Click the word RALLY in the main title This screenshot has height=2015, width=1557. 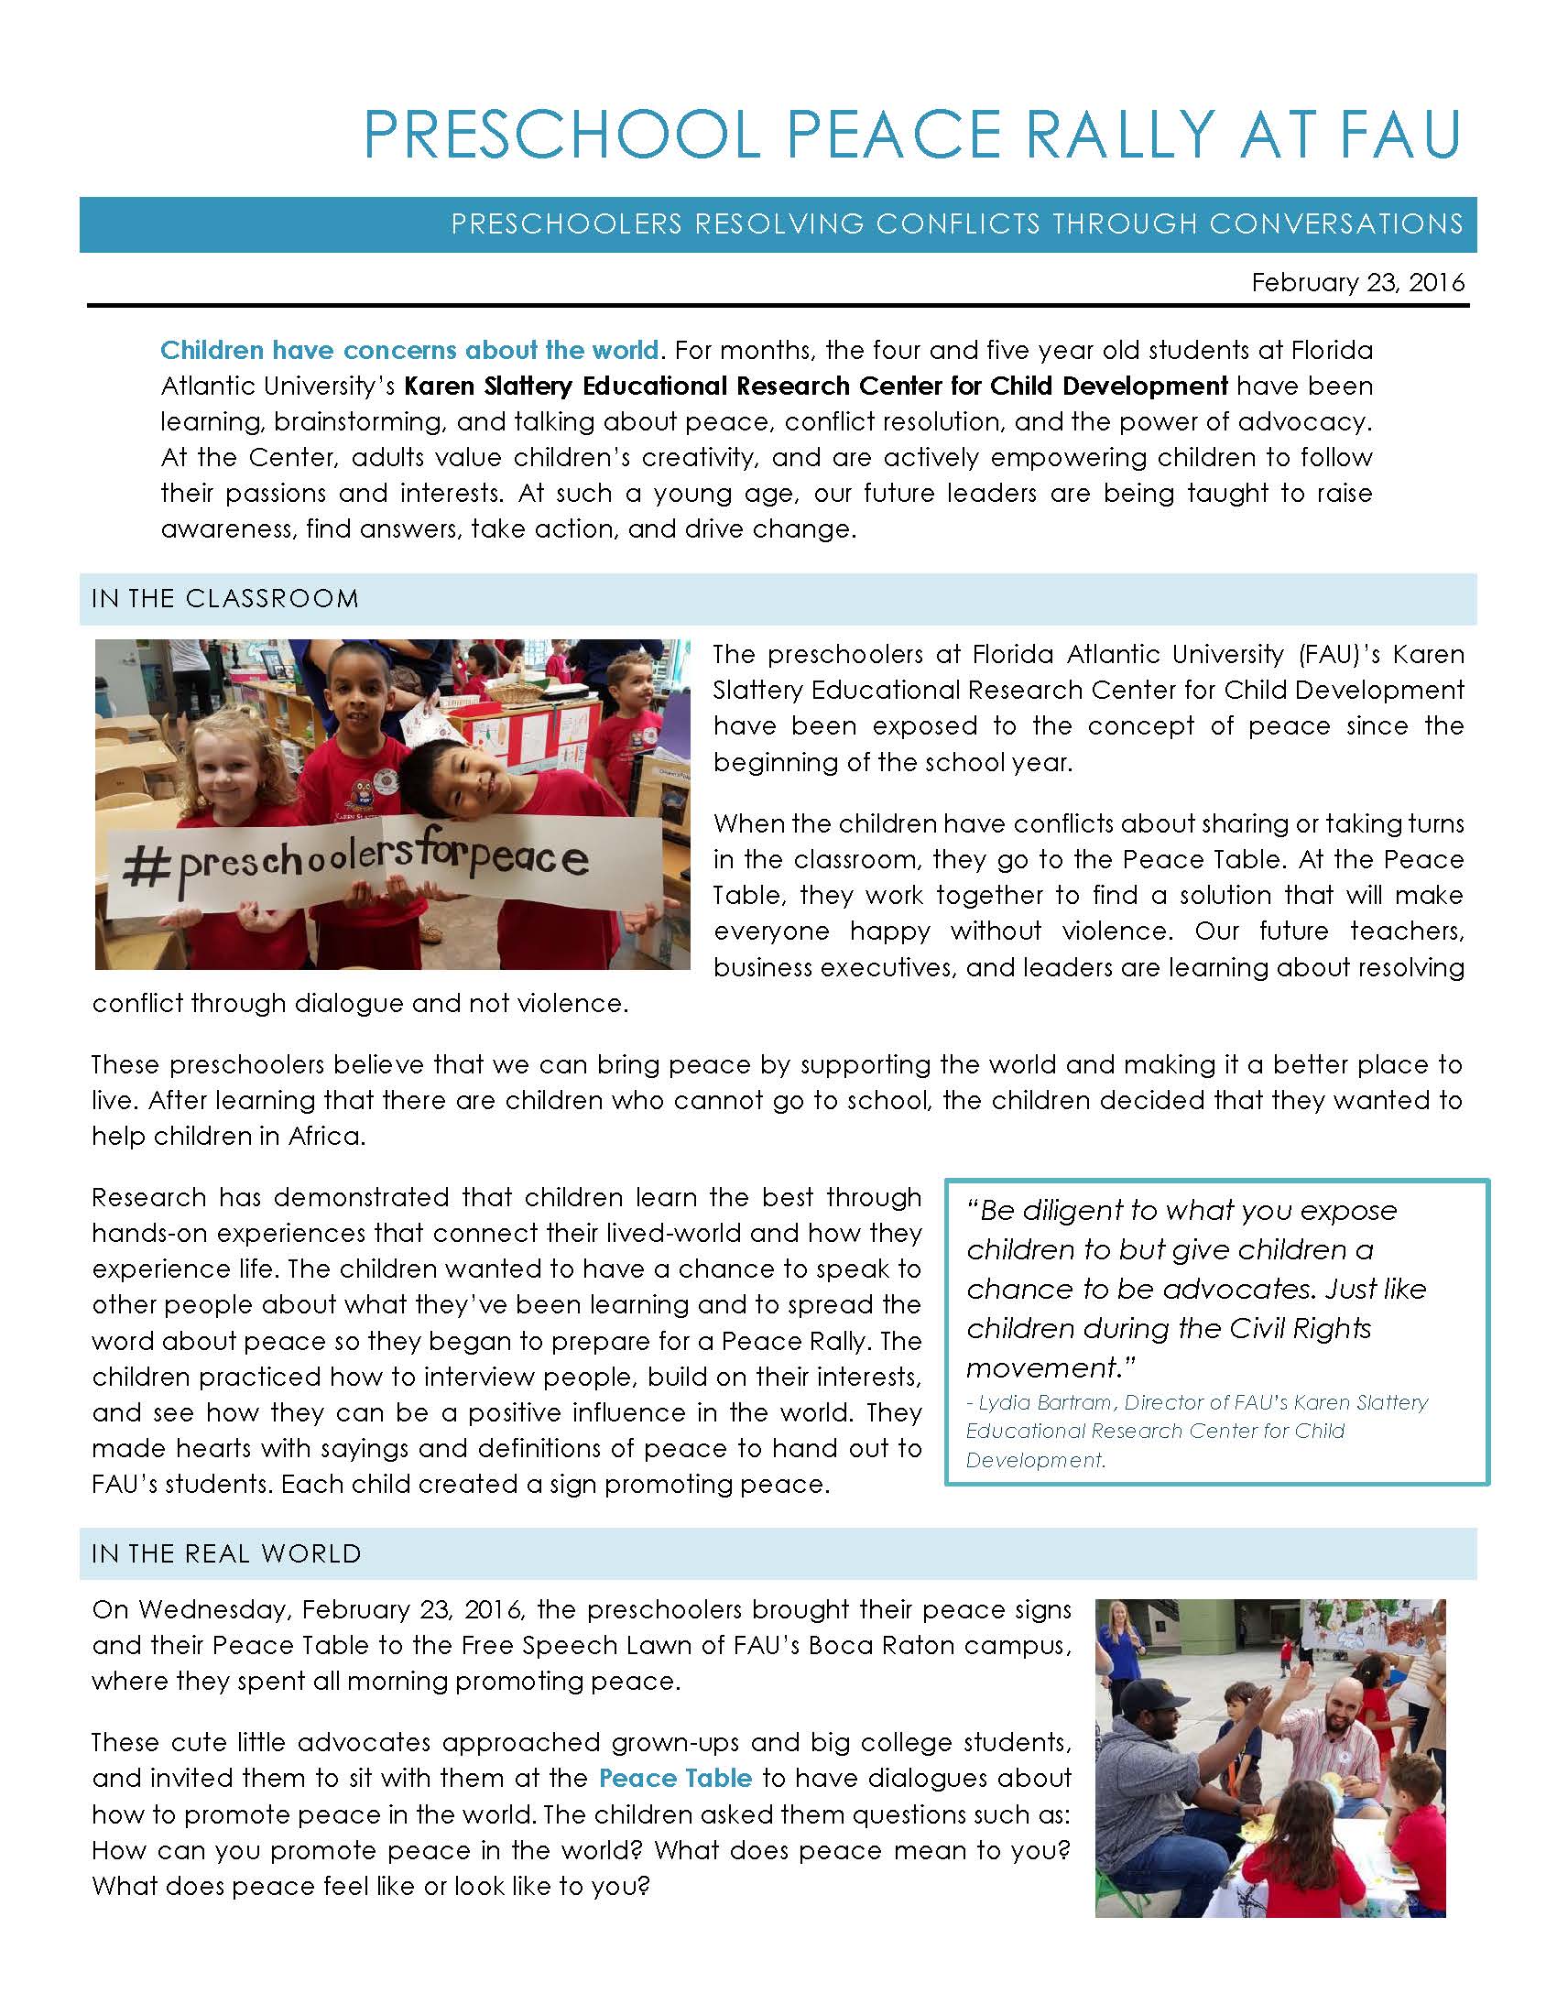[1120, 135]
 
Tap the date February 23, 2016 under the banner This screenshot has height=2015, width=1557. [1356, 282]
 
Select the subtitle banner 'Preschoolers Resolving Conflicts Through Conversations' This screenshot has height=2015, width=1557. [956, 224]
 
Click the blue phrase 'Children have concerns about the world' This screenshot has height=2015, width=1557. [409, 351]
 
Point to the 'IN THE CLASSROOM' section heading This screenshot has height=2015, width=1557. [225, 599]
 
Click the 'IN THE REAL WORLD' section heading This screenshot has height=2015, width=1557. [226, 1553]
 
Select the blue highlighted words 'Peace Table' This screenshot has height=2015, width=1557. [675, 1778]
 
